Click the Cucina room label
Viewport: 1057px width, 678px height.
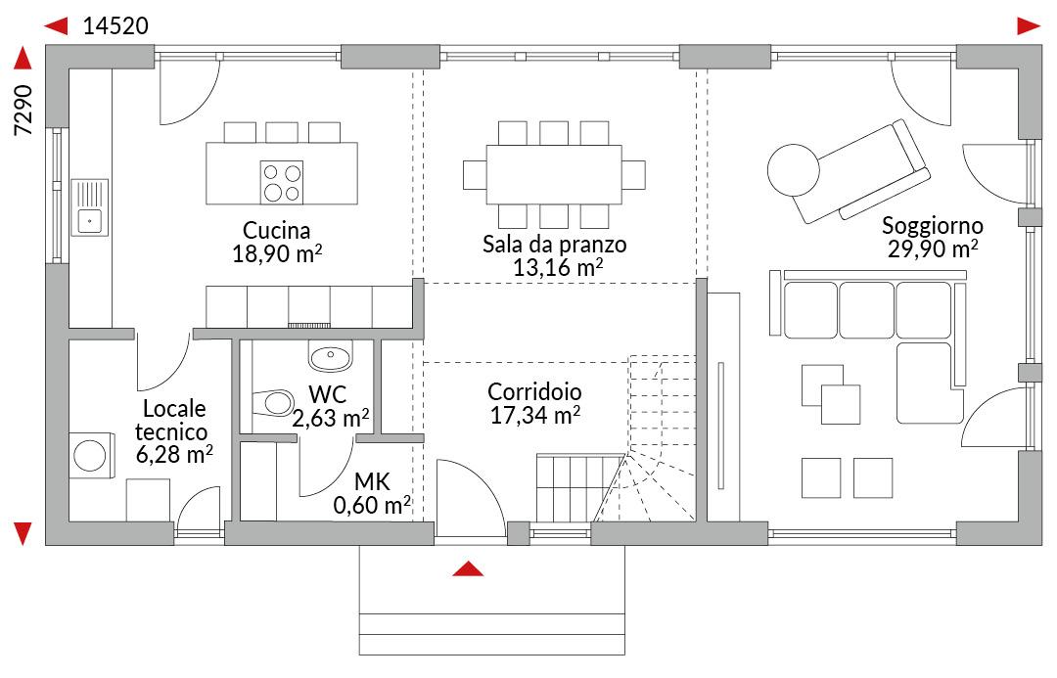point(276,231)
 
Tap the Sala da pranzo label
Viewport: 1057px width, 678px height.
point(554,244)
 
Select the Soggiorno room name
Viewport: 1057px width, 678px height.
point(933,225)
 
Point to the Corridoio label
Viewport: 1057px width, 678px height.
point(534,391)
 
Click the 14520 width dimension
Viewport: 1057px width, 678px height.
point(115,25)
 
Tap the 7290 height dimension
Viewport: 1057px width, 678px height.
point(23,110)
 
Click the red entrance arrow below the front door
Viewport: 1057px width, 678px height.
point(468,568)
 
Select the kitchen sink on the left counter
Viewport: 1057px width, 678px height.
point(90,207)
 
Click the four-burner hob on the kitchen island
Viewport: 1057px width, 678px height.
point(282,183)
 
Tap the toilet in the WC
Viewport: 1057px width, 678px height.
point(273,403)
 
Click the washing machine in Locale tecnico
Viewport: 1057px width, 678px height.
point(90,456)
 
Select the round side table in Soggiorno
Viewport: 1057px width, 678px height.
point(794,170)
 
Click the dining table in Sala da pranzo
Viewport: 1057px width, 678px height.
point(553,174)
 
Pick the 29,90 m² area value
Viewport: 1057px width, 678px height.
point(933,249)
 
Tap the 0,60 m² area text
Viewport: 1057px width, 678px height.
point(372,504)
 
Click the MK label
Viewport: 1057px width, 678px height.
point(372,481)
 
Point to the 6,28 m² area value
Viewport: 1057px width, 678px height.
point(174,454)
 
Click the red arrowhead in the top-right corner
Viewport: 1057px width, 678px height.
point(1030,26)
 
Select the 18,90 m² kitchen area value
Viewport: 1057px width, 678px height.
point(276,254)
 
